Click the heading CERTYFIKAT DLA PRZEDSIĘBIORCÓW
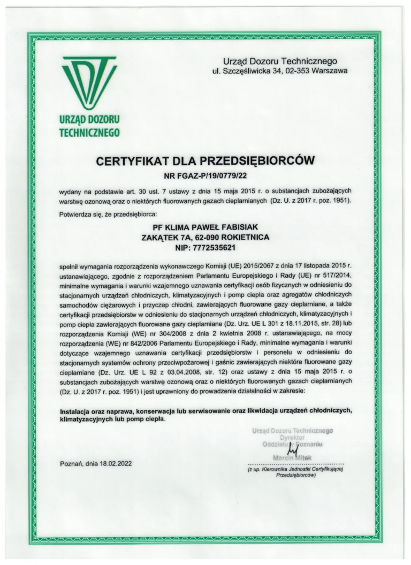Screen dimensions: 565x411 [205, 160]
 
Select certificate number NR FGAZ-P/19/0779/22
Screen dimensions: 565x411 [205, 174]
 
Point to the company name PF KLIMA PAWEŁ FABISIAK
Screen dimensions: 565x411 [205, 227]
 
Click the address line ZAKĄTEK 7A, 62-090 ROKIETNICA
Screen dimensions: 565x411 [205, 238]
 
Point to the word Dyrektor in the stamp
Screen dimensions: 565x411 [292, 437]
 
